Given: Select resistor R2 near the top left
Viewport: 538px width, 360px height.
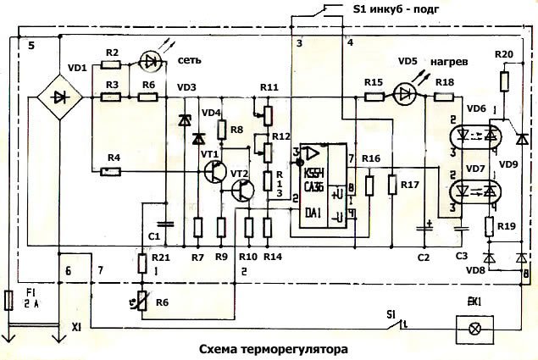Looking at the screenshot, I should (x=112, y=63).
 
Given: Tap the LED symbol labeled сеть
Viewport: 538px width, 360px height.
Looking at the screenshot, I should (x=153, y=61).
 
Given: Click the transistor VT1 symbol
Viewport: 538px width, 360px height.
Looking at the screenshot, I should (x=214, y=170).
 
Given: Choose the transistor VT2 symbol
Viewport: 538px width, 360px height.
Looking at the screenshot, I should (x=243, y=191).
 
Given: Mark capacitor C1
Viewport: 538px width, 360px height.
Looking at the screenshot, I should (x=167, y=224).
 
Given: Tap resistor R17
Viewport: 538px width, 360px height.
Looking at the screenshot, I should (x=392, y=185).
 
